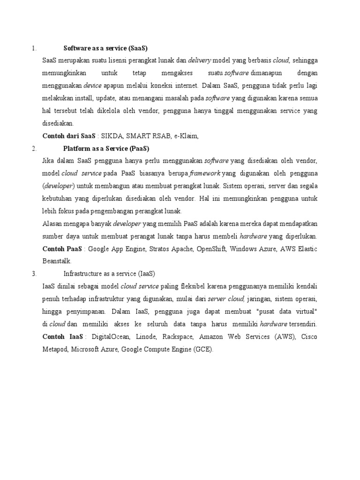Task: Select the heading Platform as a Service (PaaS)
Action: tap(106, 149)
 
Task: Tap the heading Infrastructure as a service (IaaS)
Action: tap(109, 273)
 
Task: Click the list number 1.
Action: tap(33, 48)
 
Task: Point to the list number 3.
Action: tap(33, 273)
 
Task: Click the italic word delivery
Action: tap(200, 60)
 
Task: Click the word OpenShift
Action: tap(210, 248)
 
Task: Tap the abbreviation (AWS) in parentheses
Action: tap(285, 337)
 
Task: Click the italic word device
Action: tap(93, 86)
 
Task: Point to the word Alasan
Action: tap(52, 224)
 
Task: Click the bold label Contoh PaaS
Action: tap(62, 248)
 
